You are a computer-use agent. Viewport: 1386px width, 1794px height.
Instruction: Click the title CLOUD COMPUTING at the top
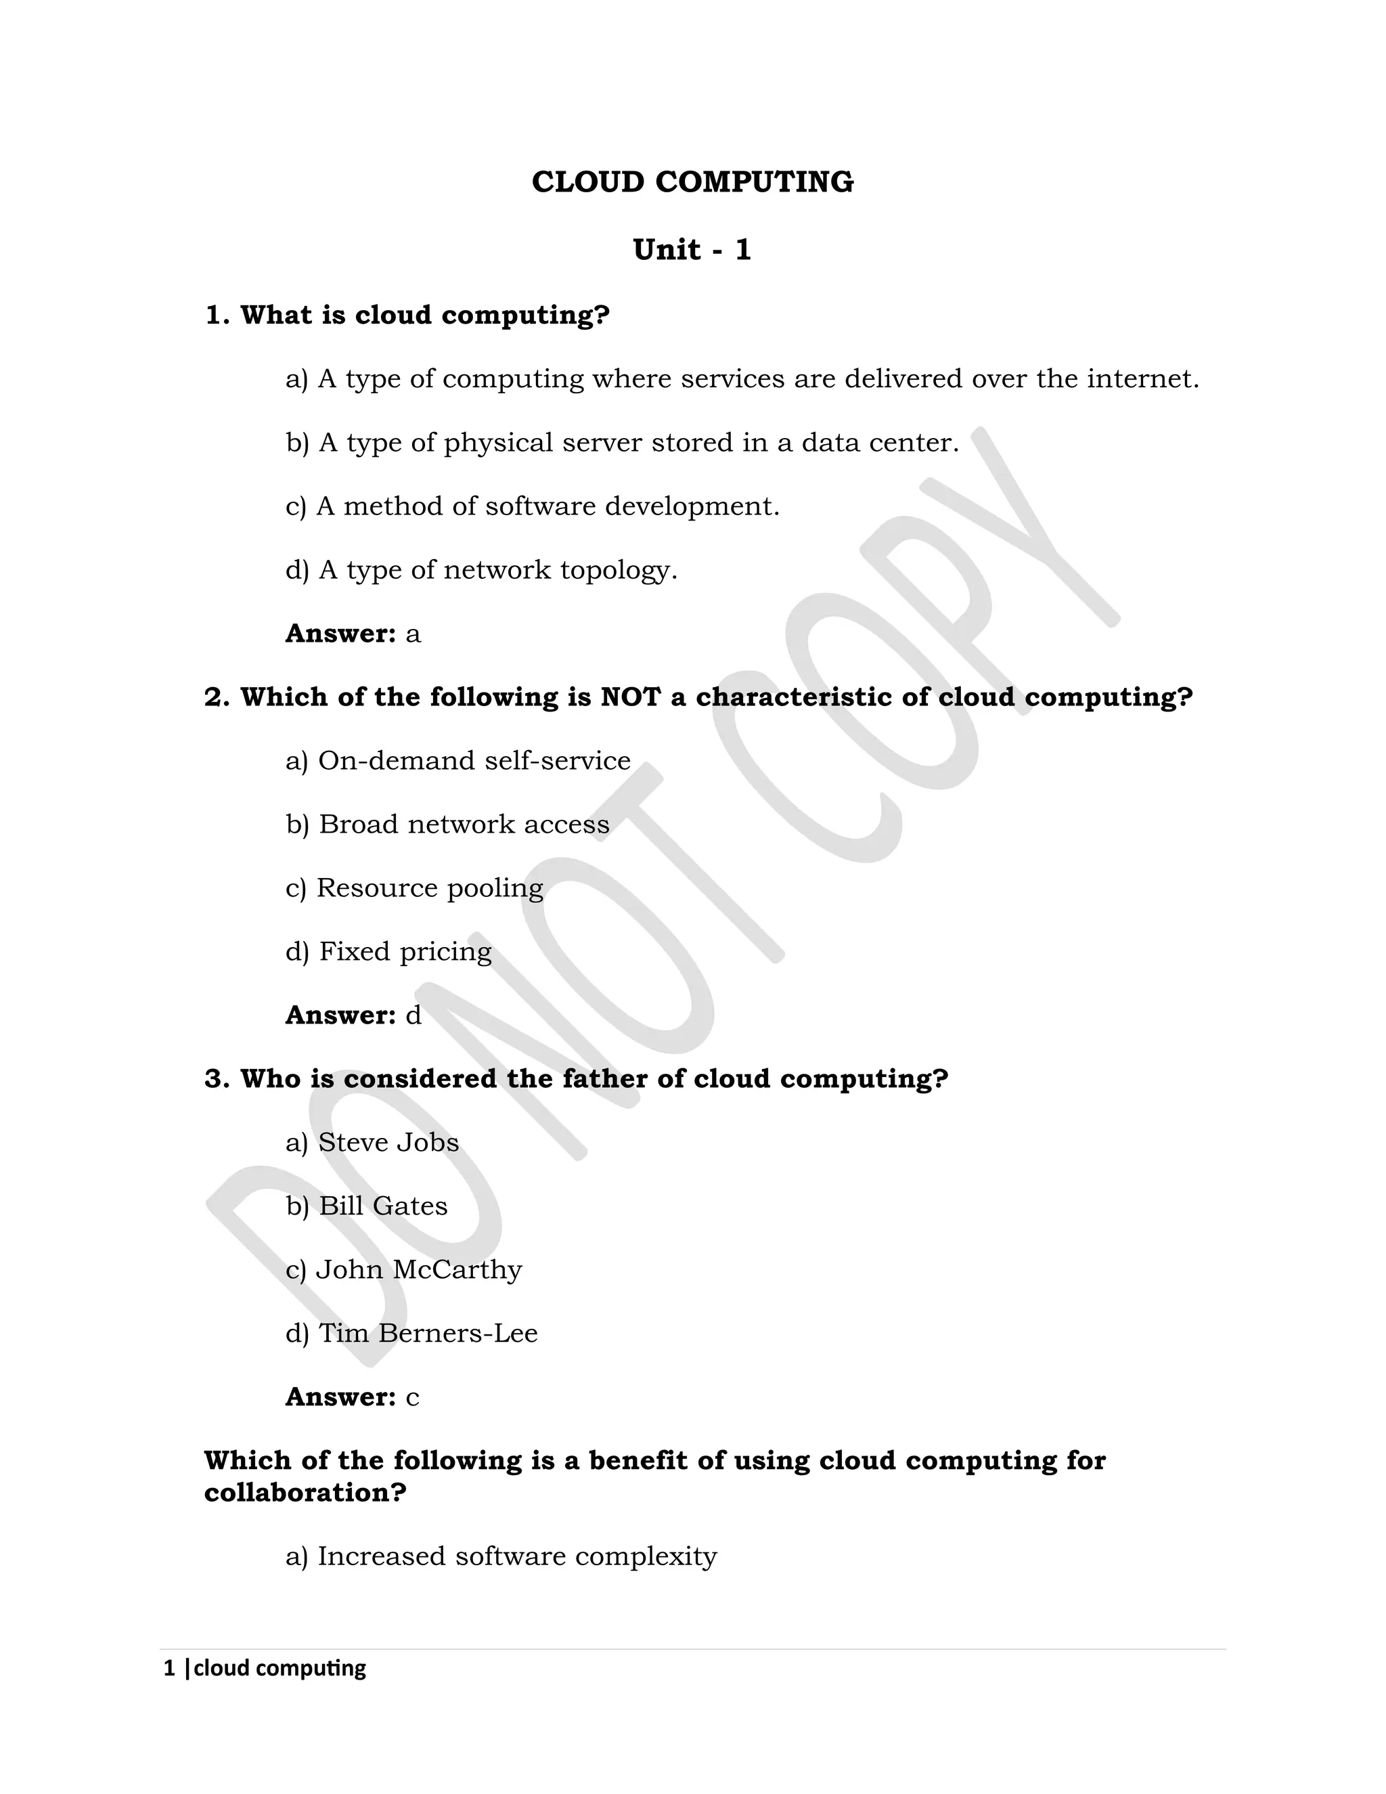pyautogui.click(x=692, y=182)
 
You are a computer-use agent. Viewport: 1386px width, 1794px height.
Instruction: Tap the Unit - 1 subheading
pyautogui.click(x=692, y=250)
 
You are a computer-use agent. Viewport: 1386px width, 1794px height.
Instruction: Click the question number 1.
pyautogui.click(x=216, y=315)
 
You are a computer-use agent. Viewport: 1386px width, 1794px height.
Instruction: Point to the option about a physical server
pyautogui.click(x=623, y=443)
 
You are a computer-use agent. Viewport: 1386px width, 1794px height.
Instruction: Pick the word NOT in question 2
pyautogui.click(x=630, y=697)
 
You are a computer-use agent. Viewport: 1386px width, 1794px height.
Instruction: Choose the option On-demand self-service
pyautogui.click(x=458, y=761)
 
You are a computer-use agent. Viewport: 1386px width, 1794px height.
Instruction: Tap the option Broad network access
pyautogui.click(x=447, y=825)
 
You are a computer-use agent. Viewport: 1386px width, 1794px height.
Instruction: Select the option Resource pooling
pyautogui.click(x=415, y=888)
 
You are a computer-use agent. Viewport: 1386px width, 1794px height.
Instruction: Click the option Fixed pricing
pyautogui.click(x=388, y=952)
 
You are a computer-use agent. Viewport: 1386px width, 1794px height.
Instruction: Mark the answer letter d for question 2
pyautogui.click(x=413, y=1015)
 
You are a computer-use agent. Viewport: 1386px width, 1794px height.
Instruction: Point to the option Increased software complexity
pyautogui.click(x=501, y=1556)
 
